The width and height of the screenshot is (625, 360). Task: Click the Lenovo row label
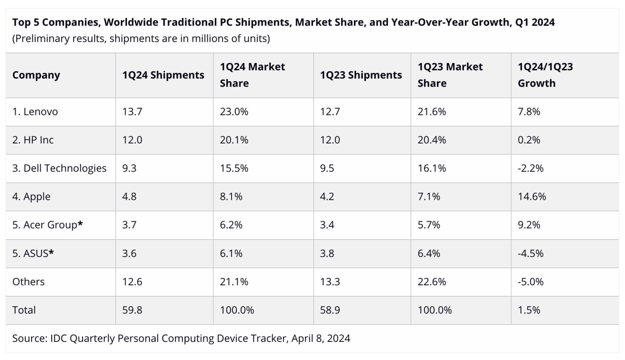coord(35,112)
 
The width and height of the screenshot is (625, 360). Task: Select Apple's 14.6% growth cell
coord(532,197)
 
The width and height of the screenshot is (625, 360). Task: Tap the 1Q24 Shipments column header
coord(163,75)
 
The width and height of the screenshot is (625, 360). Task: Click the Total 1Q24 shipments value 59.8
coord(132,310)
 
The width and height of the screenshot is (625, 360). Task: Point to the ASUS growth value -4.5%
coord(531,254)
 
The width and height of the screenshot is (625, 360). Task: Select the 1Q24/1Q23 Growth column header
coord(545,75)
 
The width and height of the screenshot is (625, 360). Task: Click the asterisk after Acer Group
coord(80,224)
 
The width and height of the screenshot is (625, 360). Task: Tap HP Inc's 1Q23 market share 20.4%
coord(432,140)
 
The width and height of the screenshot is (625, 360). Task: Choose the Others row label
coord(28,282)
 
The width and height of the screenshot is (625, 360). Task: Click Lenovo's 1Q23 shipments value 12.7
coord(330,112)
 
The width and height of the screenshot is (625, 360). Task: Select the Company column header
coord(36,75)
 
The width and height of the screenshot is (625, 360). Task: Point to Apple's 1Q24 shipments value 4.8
coord(129,197)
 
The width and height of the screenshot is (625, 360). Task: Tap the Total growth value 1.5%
coord(529,310)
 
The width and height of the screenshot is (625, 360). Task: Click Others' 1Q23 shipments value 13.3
coord(330,282)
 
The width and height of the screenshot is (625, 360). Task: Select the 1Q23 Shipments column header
coord(361,75)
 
